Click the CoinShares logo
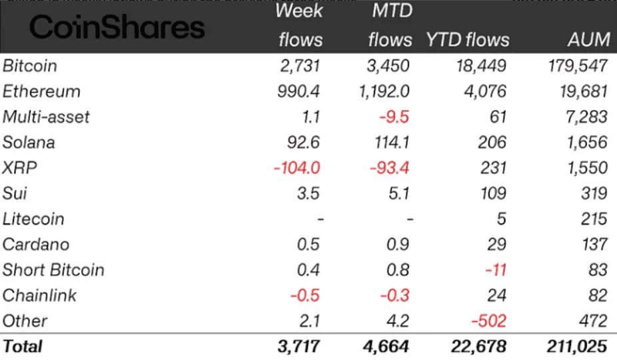point(117,27)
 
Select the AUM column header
point(589,39)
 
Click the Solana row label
point(29,143)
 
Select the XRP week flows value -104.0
point(297,168)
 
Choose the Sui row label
point(15,193)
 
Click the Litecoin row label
point(34,219)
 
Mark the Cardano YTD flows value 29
point(496,245)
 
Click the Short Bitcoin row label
point(53,270)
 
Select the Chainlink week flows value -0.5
point(305,295)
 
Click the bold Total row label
point(23,347)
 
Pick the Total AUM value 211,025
point(572,347)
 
